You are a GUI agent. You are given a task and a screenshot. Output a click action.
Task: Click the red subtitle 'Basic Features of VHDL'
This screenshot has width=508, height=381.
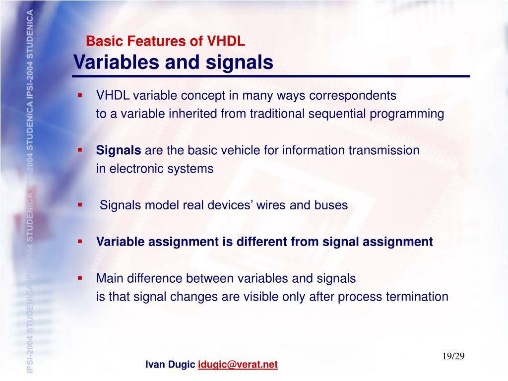coord(166,42)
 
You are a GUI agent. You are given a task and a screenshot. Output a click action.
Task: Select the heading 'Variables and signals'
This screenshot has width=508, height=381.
coord(173,63)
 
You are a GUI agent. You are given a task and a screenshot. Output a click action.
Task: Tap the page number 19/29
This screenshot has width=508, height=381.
coord(453,357)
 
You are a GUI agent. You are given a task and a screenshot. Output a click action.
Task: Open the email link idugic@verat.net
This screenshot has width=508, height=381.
coord(238,365)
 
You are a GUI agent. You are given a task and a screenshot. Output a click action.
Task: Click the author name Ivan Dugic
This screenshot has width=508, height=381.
coord(170,365)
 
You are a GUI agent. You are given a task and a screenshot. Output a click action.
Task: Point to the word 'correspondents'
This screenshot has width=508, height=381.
coord(353,95)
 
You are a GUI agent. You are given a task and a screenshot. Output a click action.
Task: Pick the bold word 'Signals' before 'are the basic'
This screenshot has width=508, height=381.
coord(119,150)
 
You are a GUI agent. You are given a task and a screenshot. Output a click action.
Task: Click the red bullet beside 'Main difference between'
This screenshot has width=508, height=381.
coord(79,278)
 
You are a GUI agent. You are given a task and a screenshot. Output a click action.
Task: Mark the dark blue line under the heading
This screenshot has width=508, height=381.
coord(270,77)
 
